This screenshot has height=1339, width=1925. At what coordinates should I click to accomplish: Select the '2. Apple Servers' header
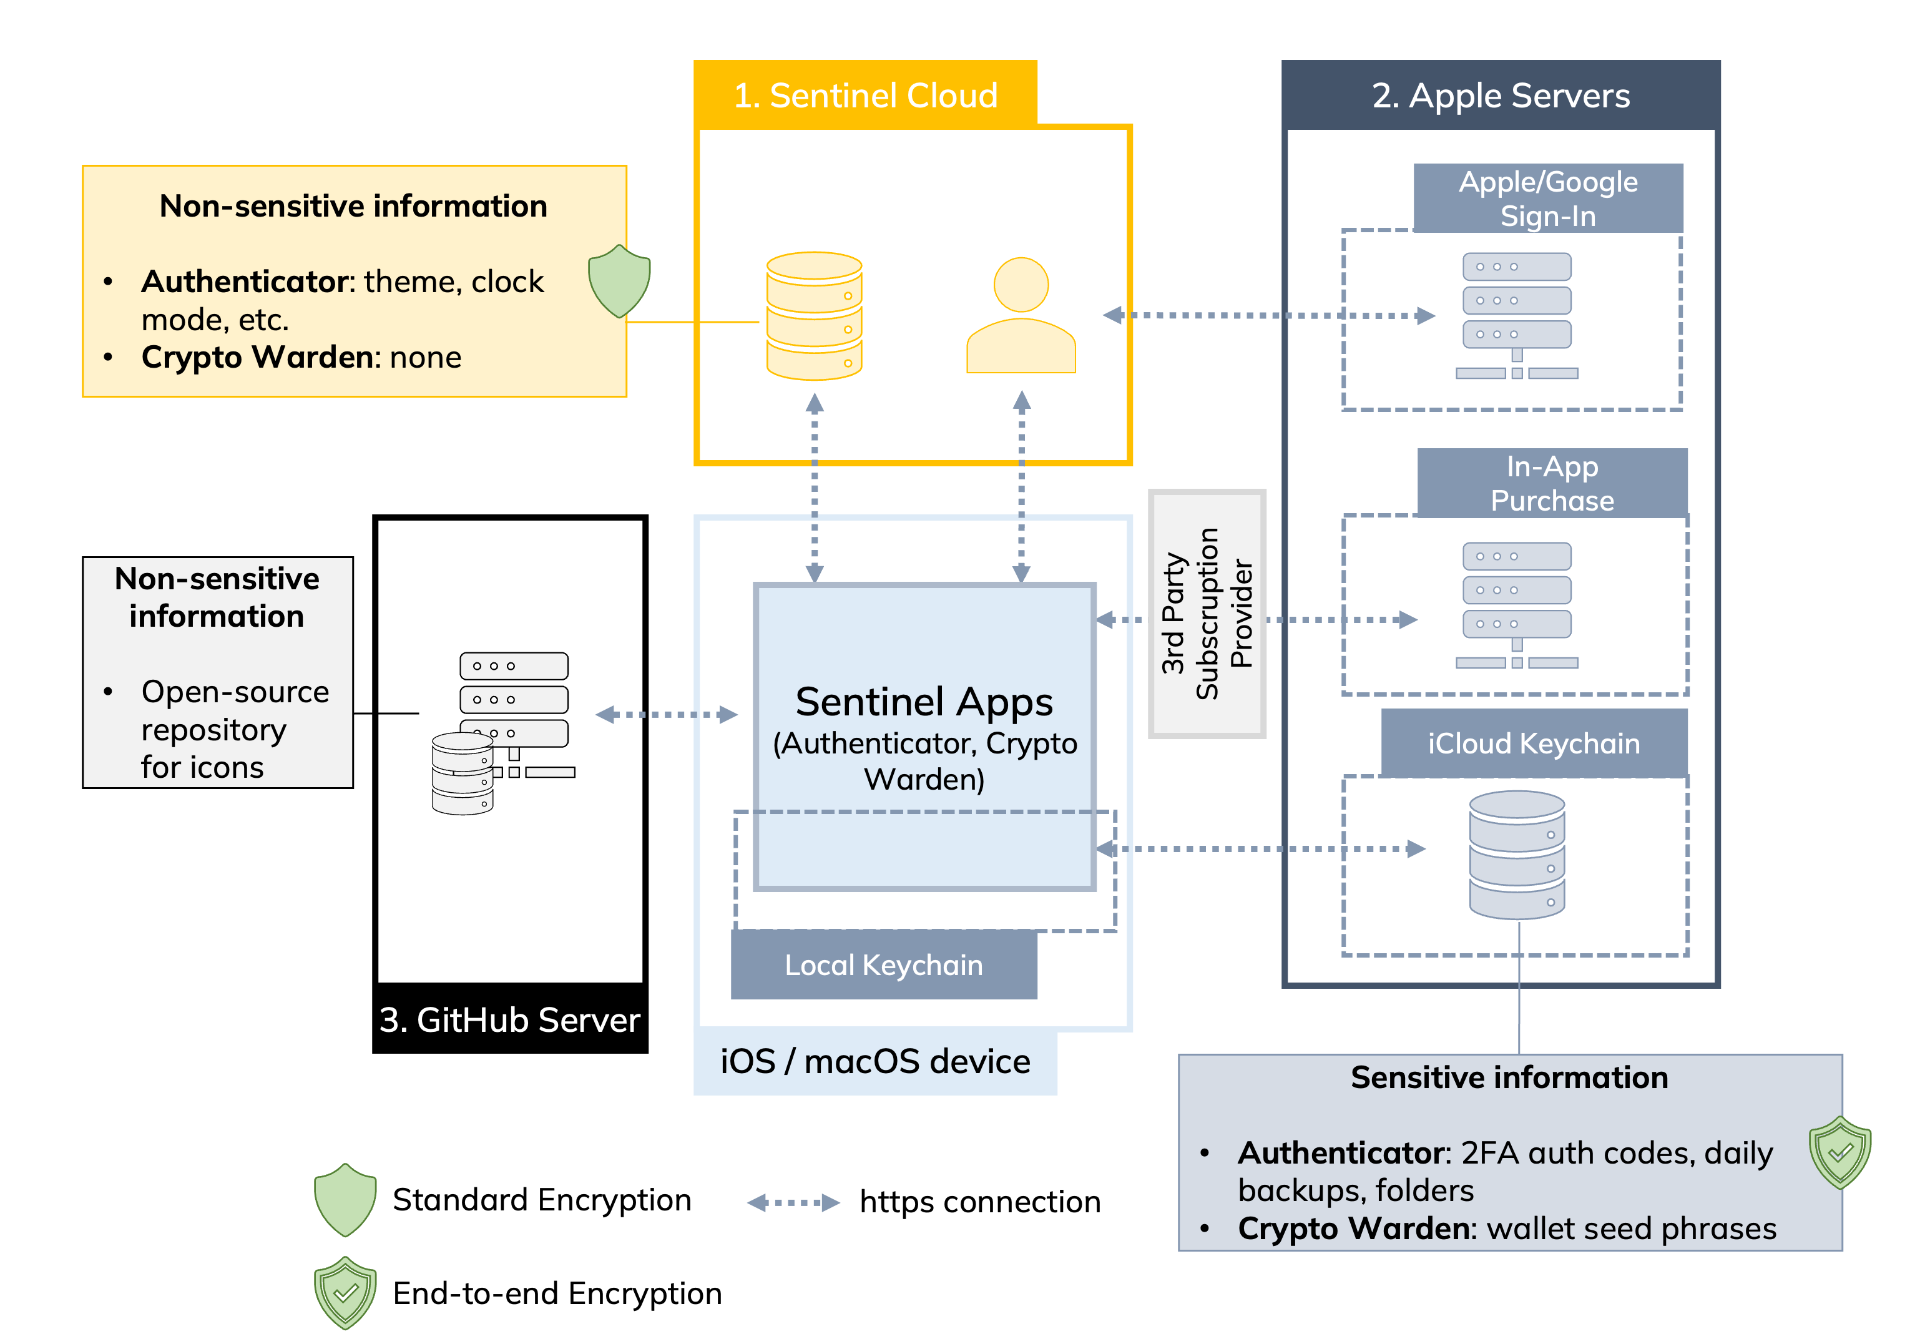(1500, 95)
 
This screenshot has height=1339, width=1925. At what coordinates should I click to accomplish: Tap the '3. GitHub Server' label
(510, 1019)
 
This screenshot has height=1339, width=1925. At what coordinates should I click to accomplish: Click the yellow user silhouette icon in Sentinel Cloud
(1021, 315)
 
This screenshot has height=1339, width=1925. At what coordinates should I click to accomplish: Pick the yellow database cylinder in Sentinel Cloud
(814, 315)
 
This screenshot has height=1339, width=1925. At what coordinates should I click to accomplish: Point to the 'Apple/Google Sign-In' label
(1548, 199)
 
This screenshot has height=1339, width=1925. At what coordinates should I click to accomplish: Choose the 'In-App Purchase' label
(1552, 483)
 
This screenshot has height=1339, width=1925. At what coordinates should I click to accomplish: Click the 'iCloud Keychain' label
(1534, 743)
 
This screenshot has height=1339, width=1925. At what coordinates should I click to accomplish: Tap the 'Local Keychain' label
(884, 965)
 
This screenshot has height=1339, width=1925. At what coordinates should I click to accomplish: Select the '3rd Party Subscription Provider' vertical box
(1207, 614)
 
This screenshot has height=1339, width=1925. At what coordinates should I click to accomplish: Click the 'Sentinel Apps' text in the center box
(924, 701)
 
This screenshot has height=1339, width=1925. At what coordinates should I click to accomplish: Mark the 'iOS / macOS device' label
(875, 1061)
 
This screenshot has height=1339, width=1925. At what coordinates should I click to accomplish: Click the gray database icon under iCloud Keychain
(1517, 855)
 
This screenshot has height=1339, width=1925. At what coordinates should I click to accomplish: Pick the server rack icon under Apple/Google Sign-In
(1517, 315)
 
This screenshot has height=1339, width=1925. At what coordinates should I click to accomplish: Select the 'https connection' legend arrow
(792, 1202)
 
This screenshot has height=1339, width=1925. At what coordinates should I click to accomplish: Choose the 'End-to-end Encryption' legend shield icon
(345, 1292)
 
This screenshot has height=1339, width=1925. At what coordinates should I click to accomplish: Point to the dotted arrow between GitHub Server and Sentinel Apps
(666, 714)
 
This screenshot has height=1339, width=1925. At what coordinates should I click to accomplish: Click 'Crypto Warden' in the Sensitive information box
(1353, 1229)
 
